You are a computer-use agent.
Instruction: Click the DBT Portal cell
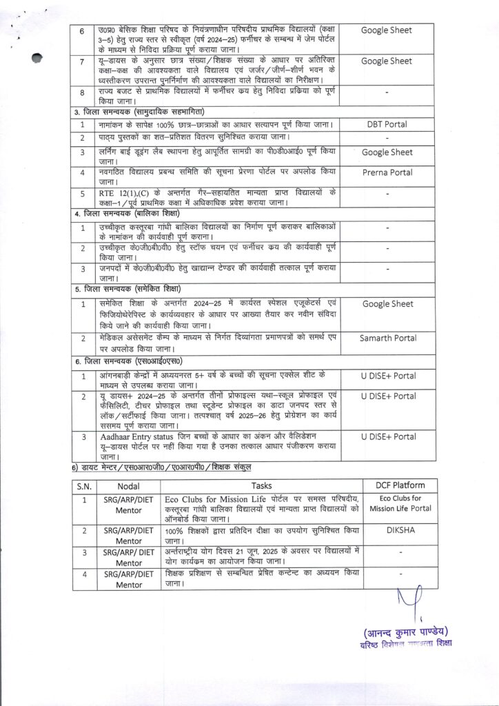(x=387, y=124)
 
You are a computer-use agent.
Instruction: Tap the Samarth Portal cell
(x=387, y=338)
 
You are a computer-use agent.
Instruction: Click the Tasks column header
(x=262, y=485)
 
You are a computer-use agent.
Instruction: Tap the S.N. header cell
(x=84, y=485)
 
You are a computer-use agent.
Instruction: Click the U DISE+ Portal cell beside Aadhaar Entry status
(x=387, y=437)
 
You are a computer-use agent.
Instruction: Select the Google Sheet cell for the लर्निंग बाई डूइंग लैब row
(x=387, y=152)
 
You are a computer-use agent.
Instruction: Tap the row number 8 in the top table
(x=82, y=92)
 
